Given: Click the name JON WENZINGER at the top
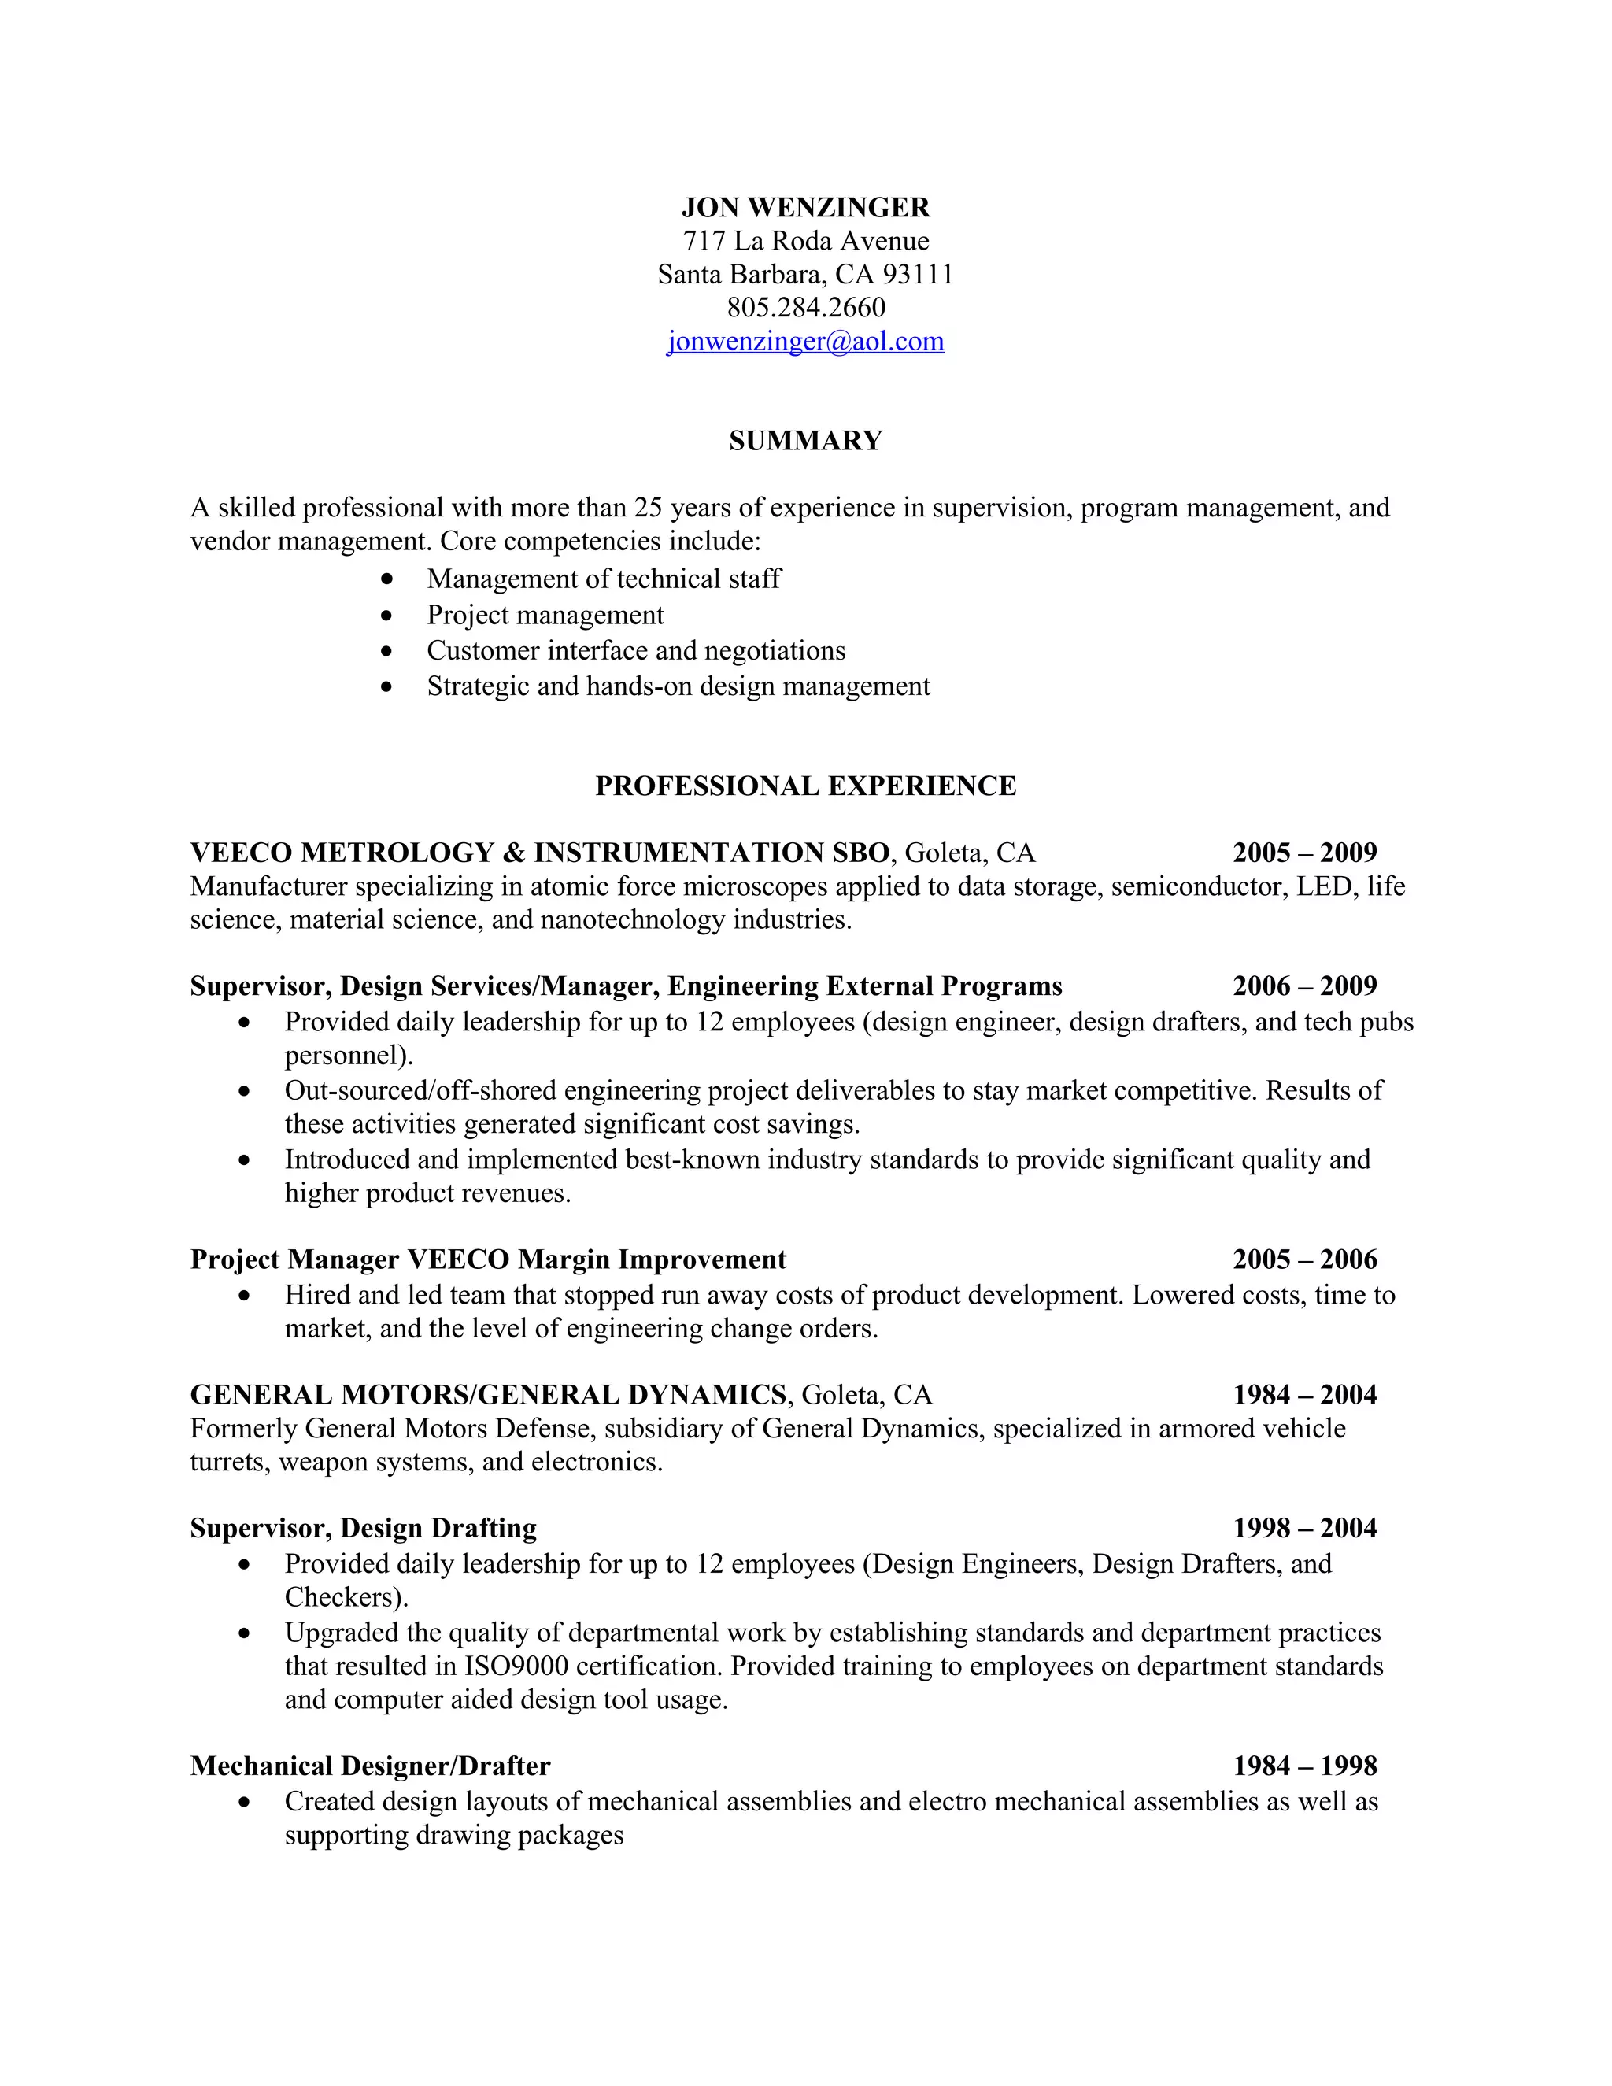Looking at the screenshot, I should [805, 207].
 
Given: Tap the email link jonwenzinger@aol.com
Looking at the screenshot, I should [805, 341].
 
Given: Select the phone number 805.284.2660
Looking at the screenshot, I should [805, 308].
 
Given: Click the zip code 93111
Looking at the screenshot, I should [918, 274].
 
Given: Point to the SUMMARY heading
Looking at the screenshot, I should [805, 440].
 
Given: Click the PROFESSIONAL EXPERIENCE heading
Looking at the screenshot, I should [805, 786].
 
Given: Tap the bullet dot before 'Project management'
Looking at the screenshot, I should [386, 615].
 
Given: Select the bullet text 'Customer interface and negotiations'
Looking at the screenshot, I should [636, 650].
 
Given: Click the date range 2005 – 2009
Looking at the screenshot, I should [1304, 853].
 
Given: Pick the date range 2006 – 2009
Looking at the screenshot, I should [1304, 986].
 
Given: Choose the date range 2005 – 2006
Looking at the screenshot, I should [1304, 1259].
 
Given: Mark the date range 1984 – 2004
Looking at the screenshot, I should [1304, 1396].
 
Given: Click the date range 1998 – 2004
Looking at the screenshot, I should [1304, 1528].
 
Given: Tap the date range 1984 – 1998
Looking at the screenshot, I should [1304, 1766].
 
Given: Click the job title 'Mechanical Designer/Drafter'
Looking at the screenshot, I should [371, 1766].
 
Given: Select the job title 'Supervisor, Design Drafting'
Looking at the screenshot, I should [363, 1528].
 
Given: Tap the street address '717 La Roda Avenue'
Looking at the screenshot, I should [805, 241].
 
